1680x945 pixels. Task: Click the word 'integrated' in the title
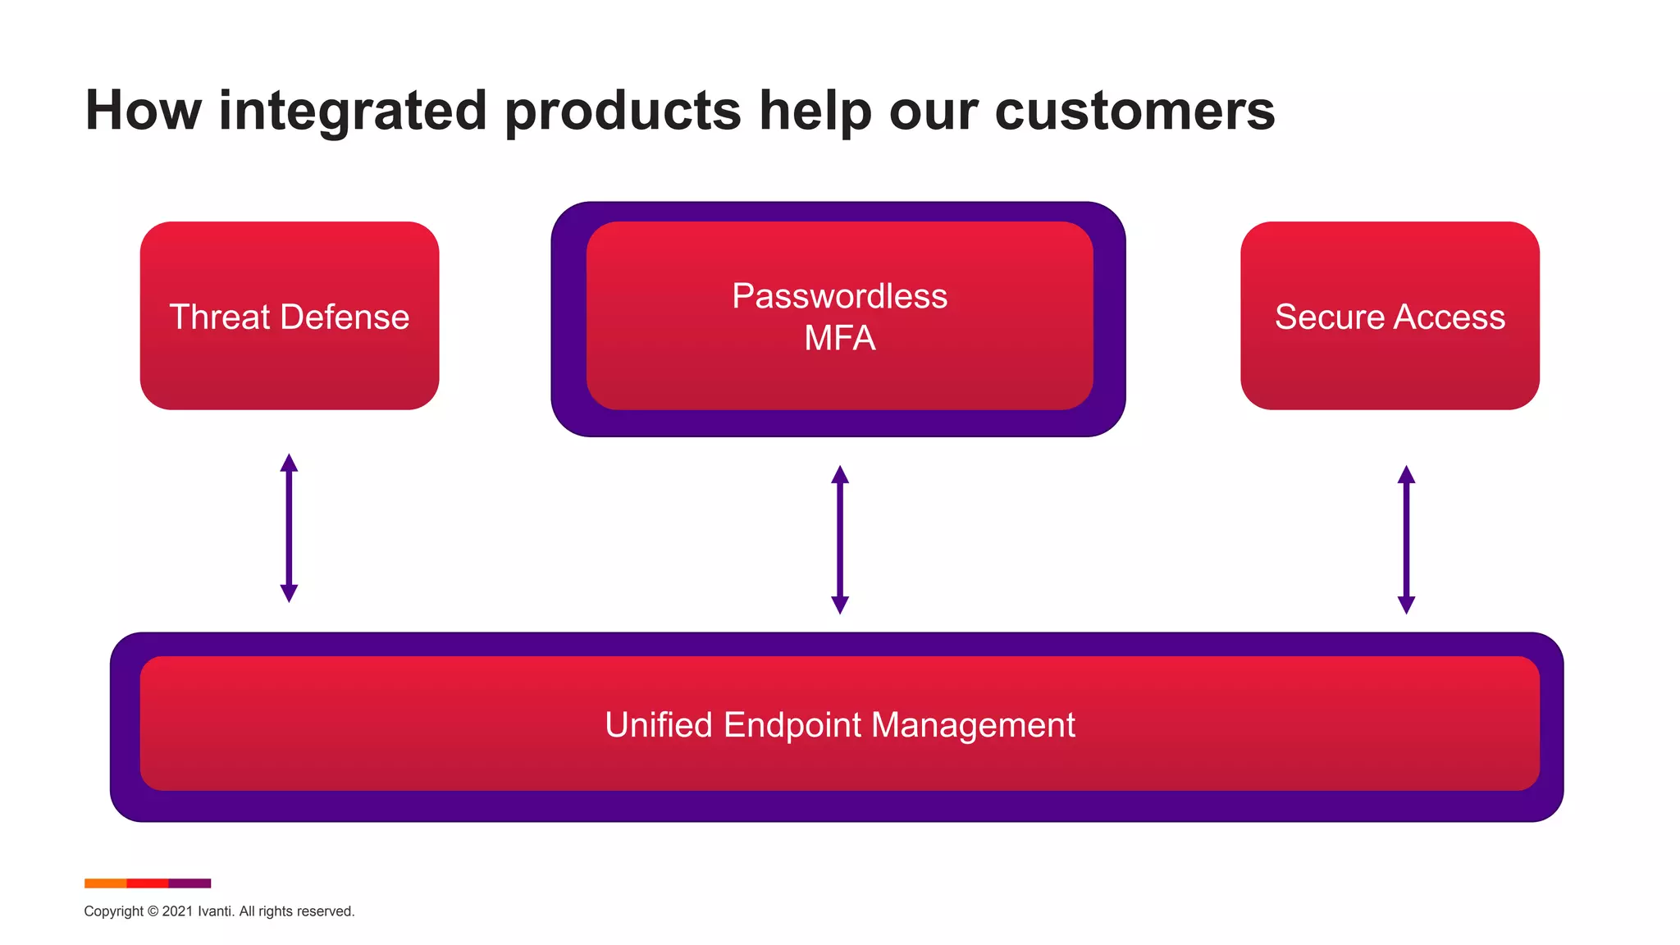(354, 112)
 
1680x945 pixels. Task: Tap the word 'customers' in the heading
(1134, 112)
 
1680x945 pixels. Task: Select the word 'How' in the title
(143, 112)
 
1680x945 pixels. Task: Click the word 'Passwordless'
(839, 296)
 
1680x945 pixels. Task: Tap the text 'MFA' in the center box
(839, 339)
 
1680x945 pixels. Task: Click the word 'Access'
(1449, 317)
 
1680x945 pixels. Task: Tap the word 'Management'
(973, 726)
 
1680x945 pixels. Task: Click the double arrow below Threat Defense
(289, 527)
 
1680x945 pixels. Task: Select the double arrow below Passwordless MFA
(839, 539)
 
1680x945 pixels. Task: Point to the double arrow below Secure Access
(1406, 539)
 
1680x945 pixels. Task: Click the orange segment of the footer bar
(105, 883)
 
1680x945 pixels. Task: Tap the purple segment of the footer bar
(189, 883)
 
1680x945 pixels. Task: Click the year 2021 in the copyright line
(177, 911)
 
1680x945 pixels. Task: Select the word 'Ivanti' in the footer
(215, 911)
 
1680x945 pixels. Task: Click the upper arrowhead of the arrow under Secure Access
(1406, 475)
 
